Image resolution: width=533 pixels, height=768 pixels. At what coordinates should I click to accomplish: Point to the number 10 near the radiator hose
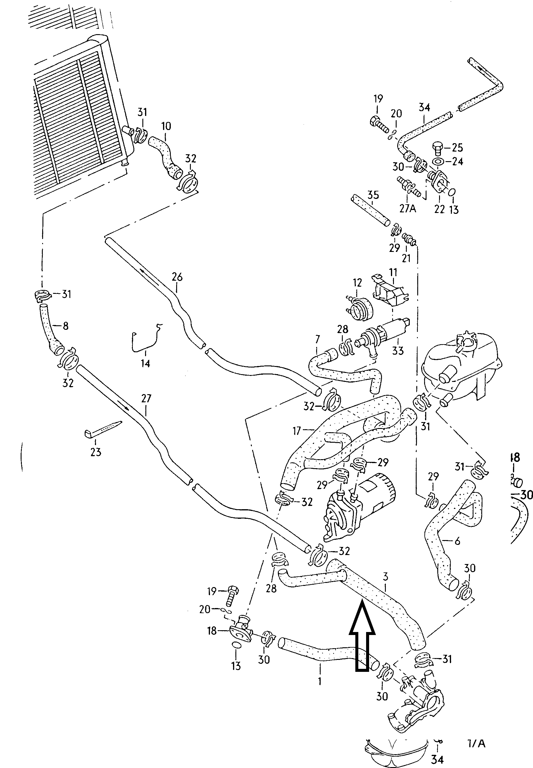(166, 126)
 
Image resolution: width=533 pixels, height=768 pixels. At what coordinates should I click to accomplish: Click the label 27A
(407, 209)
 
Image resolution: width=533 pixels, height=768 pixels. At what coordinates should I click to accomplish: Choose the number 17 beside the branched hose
(296, 431)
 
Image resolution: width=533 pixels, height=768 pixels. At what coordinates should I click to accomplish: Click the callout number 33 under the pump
(398, 351)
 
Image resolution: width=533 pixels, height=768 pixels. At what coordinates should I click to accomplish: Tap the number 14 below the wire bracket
(145, 363)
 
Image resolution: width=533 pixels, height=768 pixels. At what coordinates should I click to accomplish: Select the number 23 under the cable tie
(95, 452)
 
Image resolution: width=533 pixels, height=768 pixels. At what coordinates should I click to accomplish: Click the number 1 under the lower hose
(320, 681)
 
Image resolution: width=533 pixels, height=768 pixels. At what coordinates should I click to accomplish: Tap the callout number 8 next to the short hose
(66, 326)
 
